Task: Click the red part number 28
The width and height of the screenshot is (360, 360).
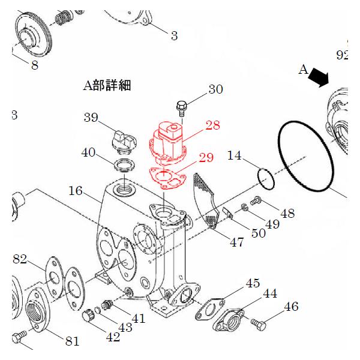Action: pos(212,125)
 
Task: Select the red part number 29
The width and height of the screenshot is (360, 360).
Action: pos(206,158)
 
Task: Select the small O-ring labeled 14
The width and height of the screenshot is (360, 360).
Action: pos(265,178)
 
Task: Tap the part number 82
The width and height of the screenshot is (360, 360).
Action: pos(20,259)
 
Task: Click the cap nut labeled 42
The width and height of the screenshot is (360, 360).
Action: pos(89,314)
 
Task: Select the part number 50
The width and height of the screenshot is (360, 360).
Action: pos(258,233)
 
